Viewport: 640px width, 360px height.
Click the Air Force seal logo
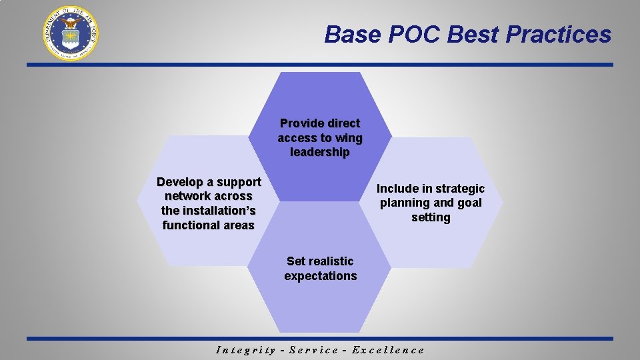click(71, 33)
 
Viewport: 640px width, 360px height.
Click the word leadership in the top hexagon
click(320, 153)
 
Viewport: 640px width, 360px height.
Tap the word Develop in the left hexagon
click(179, 182)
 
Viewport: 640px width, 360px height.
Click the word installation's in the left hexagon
click(208, 211)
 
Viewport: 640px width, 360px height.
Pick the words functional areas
click(208, 225)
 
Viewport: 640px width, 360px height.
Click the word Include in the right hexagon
click(398, 189)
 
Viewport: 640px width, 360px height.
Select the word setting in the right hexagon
click(431, 217)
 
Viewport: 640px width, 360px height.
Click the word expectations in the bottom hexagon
click(320, 276)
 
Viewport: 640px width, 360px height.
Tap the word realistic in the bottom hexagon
click(331, 261)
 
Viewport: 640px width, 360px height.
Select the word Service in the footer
click(314, 350)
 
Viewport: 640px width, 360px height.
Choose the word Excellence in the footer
click(388, 350)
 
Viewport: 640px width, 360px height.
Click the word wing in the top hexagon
click(349, 138)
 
